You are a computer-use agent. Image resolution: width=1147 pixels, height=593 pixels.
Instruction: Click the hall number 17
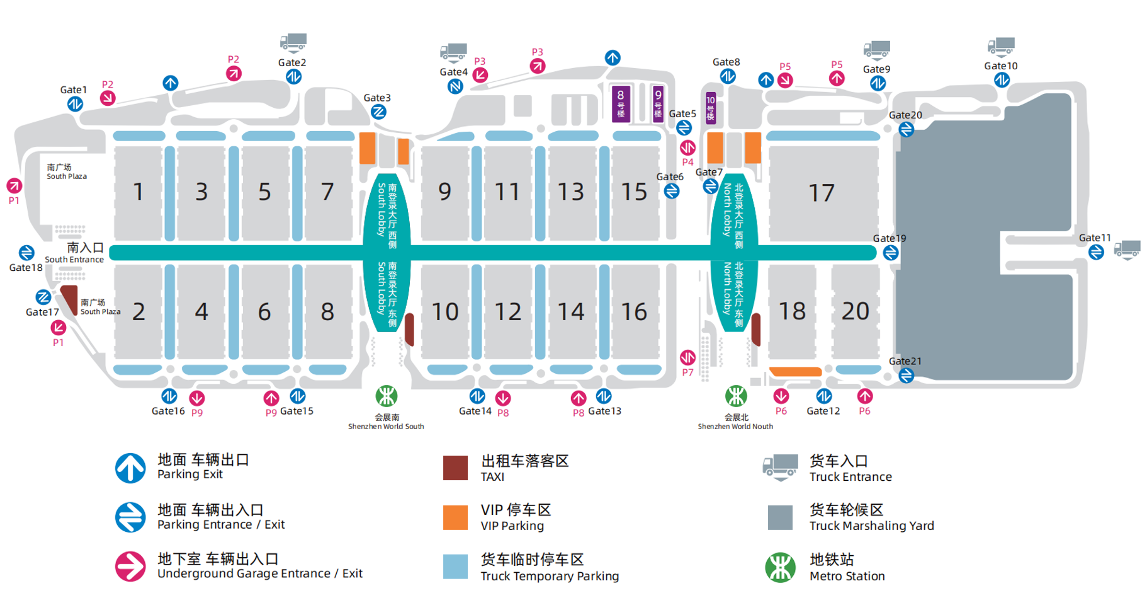[x=821, y=193]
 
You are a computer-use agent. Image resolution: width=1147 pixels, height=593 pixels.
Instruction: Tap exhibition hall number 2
[x=138, y=312]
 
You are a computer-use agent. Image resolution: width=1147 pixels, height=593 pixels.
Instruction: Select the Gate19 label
[x=889, y=238]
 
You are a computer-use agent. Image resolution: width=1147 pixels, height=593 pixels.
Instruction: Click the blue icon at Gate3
[x=378, y=112]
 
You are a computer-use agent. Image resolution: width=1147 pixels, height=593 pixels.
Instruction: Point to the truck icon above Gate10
[x=1001, y=47]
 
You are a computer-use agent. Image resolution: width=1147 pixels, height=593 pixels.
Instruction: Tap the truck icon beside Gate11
[x=1127, y=250]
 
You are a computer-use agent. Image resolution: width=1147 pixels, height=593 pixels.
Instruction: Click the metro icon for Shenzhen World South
[x=387, y=396]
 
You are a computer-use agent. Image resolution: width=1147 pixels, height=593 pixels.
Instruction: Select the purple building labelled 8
[x=621, y=103]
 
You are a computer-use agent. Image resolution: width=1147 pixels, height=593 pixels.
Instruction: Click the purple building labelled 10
[x=710, y=108]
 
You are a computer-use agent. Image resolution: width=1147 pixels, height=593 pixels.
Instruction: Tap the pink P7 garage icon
[x=687, y=358]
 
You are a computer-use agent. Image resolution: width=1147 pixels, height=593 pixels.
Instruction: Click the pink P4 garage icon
[x=687, y=148]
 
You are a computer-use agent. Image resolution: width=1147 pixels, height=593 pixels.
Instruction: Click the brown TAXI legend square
[x=455, y=468]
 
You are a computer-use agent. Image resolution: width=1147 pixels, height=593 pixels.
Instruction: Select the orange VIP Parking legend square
[x=455, y=517]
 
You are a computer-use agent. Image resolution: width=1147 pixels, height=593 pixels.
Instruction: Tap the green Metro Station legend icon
[x=780, y=567]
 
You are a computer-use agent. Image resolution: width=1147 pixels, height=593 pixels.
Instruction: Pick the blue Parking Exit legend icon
[x=130, y=468]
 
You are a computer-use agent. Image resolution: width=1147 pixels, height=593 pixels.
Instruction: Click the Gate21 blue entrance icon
[x=906, y=376]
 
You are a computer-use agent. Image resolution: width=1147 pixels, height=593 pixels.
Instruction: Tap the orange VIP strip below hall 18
[x=795, y=372]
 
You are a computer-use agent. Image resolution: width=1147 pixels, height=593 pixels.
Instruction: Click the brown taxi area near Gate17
[x=70, y=298]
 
